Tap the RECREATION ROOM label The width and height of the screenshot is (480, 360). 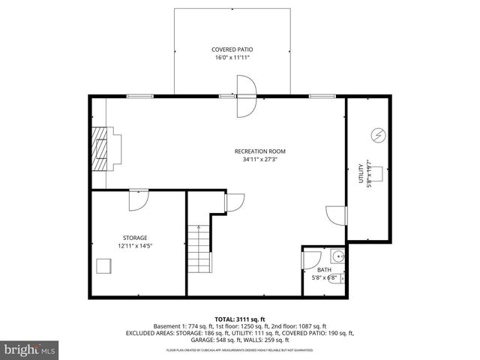click(x=259, y=151)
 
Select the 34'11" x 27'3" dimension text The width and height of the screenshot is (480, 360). click(x=259, y=159)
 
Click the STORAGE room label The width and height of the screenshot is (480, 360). click(x=136, y=238)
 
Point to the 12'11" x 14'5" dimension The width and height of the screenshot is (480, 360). click(x=136, y=245)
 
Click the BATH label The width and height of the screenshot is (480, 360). click(x=323, y=270)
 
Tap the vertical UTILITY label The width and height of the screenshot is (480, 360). click(x=361, y=173)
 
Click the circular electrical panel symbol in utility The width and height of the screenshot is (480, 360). click(x=378, y=135)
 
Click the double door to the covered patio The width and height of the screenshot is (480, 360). click(x=247, y=96)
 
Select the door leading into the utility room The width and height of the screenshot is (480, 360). click(x=337, y=214)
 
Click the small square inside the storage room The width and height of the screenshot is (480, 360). click(x=104, y=267)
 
